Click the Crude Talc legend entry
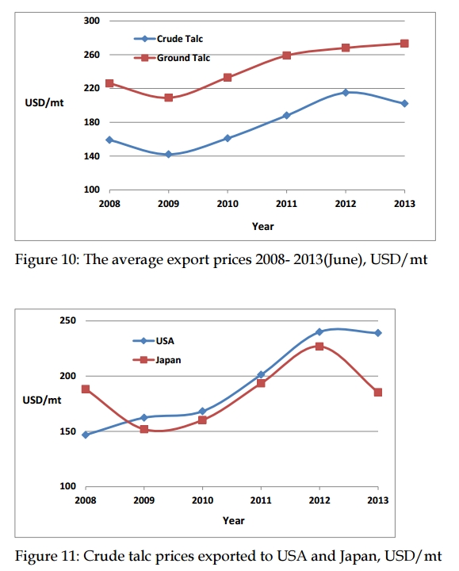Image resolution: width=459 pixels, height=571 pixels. click(x=169, y=39)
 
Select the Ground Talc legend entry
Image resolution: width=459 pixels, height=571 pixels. click(x=172, y=58)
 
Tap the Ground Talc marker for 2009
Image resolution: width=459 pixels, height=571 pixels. click(x=169, y=98)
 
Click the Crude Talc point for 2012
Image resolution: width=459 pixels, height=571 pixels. click(x=346, y=93)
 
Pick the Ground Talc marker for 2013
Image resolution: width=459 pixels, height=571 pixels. click(x=404, y=44)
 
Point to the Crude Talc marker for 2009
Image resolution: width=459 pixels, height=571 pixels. click(x=169, y=155)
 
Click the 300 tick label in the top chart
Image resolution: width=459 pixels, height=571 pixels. click(x=91, y=21)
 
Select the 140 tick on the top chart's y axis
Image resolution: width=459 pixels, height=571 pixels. click(x=91, y=156)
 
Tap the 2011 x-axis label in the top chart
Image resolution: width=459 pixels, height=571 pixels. click(x=286, y=204)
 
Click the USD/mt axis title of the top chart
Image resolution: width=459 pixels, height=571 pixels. click(x=44, y=102)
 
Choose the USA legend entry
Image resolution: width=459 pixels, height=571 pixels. click(x=154, y=341)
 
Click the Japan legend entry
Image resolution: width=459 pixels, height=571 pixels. click(x=157, y=360)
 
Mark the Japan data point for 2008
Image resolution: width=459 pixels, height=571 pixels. click(x=86, y=389)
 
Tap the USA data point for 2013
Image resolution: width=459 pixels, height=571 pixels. click(x=378, y=333)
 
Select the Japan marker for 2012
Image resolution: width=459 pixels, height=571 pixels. click(x=319, y=347)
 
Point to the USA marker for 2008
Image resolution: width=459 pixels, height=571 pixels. click(x=86, y=435)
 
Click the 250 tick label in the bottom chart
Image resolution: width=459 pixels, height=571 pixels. click(x=67, y=320)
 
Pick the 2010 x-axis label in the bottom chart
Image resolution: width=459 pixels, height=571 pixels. click(x=202, y=500)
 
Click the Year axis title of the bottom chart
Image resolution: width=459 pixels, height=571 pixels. click(x=234, y=521)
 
